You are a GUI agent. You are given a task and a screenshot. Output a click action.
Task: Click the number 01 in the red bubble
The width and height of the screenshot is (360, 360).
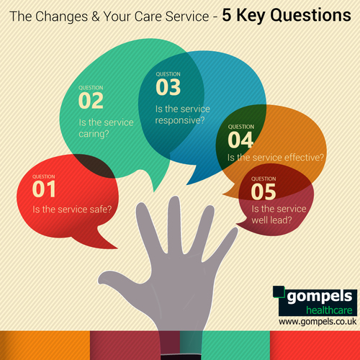44,189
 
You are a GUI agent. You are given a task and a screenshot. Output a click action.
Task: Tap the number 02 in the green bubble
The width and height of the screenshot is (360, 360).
91,100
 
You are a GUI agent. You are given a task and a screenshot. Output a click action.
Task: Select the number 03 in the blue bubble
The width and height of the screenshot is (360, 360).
168,87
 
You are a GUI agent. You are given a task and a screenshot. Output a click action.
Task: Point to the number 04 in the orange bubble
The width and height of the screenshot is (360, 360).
241,140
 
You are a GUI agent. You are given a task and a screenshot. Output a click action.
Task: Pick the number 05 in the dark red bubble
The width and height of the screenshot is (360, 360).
264,191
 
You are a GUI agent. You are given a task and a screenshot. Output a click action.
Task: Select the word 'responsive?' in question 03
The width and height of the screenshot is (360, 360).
179,121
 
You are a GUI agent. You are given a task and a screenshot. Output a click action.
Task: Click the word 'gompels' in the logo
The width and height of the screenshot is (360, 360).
318,295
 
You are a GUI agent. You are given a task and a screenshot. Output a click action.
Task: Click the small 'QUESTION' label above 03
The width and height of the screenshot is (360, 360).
168,73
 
